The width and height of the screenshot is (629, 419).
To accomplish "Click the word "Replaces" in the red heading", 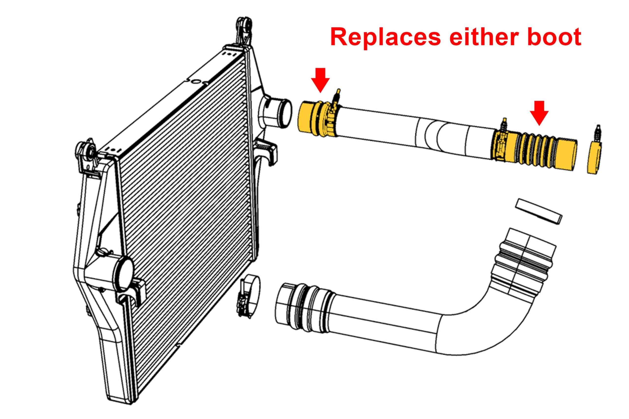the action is [385, 37].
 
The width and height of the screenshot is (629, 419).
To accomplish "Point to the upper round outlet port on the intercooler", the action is [275, 112].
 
